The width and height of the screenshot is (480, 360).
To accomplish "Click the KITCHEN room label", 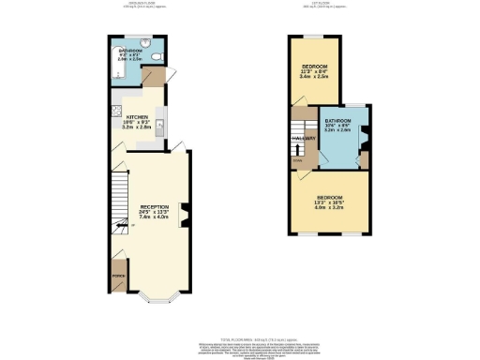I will coord(137,118).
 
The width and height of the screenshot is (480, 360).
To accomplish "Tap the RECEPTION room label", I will coord(156,206).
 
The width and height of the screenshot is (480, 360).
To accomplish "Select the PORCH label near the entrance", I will coord(118,277).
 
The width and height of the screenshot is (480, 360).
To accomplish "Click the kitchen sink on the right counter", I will coord(161,125).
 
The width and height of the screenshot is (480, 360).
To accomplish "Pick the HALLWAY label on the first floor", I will coord(302,139).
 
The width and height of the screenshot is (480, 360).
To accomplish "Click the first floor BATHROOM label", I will coord(337,123).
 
